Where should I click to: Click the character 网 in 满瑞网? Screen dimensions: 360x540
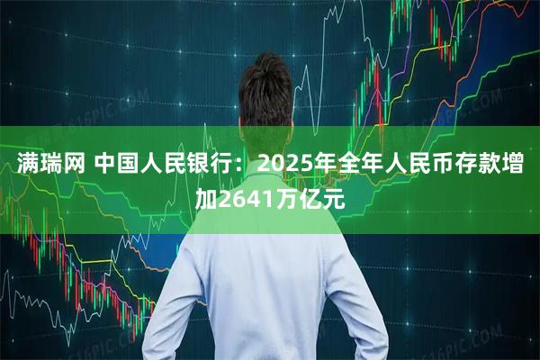[73, 165]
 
